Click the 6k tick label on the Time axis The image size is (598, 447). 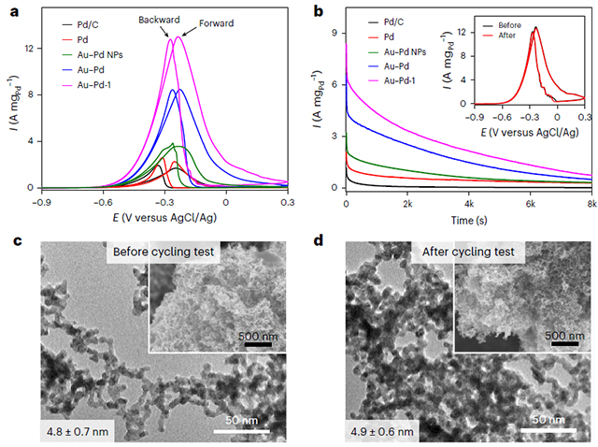[x=530, y=203]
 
